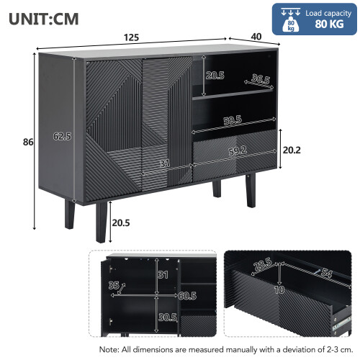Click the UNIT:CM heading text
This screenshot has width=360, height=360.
(43, 19)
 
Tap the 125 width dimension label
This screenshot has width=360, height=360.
(131, 37)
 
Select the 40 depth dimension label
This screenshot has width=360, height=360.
(256, 37)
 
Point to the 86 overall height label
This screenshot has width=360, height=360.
(28, 142)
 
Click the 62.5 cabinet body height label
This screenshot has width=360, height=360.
(62, 136)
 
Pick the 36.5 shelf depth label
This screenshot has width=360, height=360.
(261, 78)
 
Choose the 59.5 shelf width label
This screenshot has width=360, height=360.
(233, 120)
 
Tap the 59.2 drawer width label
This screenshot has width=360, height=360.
(238, 151)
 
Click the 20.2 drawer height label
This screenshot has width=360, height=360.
(292, 150)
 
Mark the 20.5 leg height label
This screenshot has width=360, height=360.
(121, 223)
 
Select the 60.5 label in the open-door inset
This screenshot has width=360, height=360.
(187, 296)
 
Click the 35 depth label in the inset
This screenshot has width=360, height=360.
(114, 285)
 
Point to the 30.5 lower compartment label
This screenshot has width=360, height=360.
(168, 318)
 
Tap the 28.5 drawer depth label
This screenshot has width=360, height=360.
(263, 264)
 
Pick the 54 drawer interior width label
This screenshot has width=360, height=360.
(326, 273)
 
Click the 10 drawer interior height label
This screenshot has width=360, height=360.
(279, 290)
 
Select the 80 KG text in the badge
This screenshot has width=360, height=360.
(329, 24)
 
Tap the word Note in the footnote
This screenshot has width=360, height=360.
(109, 349)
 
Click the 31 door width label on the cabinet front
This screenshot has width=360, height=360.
(165, 163)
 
